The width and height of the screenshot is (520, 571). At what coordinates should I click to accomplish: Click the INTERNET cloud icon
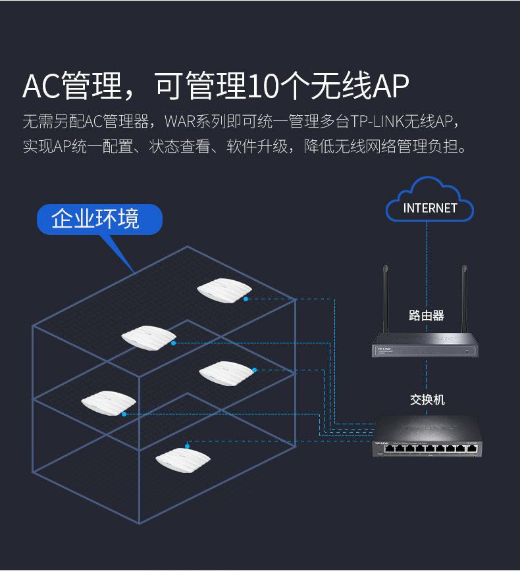point(429,200)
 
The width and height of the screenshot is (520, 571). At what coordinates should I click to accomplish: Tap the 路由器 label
point(427,316)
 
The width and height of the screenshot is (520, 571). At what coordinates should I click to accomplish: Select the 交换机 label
point(427,399)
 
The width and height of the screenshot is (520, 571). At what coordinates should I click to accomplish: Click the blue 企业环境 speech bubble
point(99,219)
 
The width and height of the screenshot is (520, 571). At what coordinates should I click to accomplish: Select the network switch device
point(427,437)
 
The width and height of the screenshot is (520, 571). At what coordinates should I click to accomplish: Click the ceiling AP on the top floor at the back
point(224,291)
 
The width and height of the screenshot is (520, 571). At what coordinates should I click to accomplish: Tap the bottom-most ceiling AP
point(182,458)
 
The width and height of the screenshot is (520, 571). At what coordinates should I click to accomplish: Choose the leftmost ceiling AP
point(109,403)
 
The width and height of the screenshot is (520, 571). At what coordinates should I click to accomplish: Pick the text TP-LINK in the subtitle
point(376,122)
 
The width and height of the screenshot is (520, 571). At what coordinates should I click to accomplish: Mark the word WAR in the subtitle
point(178,122)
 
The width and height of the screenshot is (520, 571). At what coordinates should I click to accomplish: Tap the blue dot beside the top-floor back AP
point(246,299)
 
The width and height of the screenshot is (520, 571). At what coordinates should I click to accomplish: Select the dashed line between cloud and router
point(427,243)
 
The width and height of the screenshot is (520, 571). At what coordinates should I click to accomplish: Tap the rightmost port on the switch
point(471,449)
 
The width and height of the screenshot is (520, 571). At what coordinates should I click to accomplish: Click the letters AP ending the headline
point(391,86)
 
